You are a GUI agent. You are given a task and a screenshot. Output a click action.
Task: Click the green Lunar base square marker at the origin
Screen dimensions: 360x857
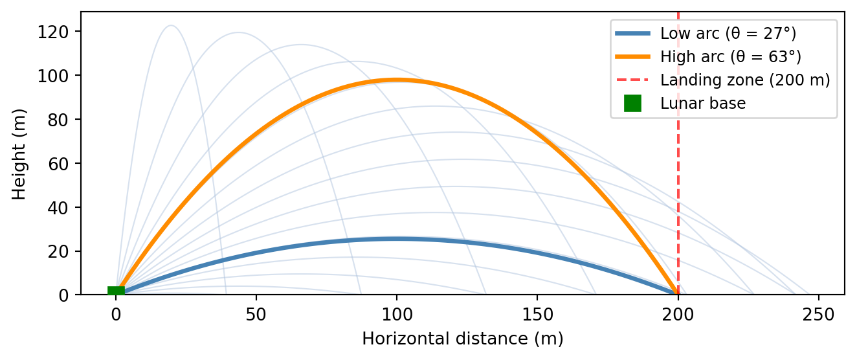point(116,291)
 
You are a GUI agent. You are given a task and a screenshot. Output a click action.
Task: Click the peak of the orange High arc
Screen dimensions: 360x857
point(397,80)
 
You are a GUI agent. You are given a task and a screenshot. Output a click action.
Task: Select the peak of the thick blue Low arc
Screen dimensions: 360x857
point(397,239)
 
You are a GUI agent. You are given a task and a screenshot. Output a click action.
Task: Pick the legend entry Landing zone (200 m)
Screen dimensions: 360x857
point(744,80)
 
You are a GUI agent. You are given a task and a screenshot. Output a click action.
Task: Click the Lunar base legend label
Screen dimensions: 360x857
point(703,103)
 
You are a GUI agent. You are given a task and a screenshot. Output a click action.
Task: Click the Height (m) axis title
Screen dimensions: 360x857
point(20,153)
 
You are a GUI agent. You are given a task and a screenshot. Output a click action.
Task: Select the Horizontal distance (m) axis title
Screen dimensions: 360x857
point(462,339)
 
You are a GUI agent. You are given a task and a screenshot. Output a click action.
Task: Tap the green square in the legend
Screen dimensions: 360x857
point(632,103)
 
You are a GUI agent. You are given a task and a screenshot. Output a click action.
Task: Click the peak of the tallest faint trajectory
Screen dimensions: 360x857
point(171,26)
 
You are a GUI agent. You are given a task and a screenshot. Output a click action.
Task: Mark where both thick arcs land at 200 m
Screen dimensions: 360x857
point(678,294)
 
